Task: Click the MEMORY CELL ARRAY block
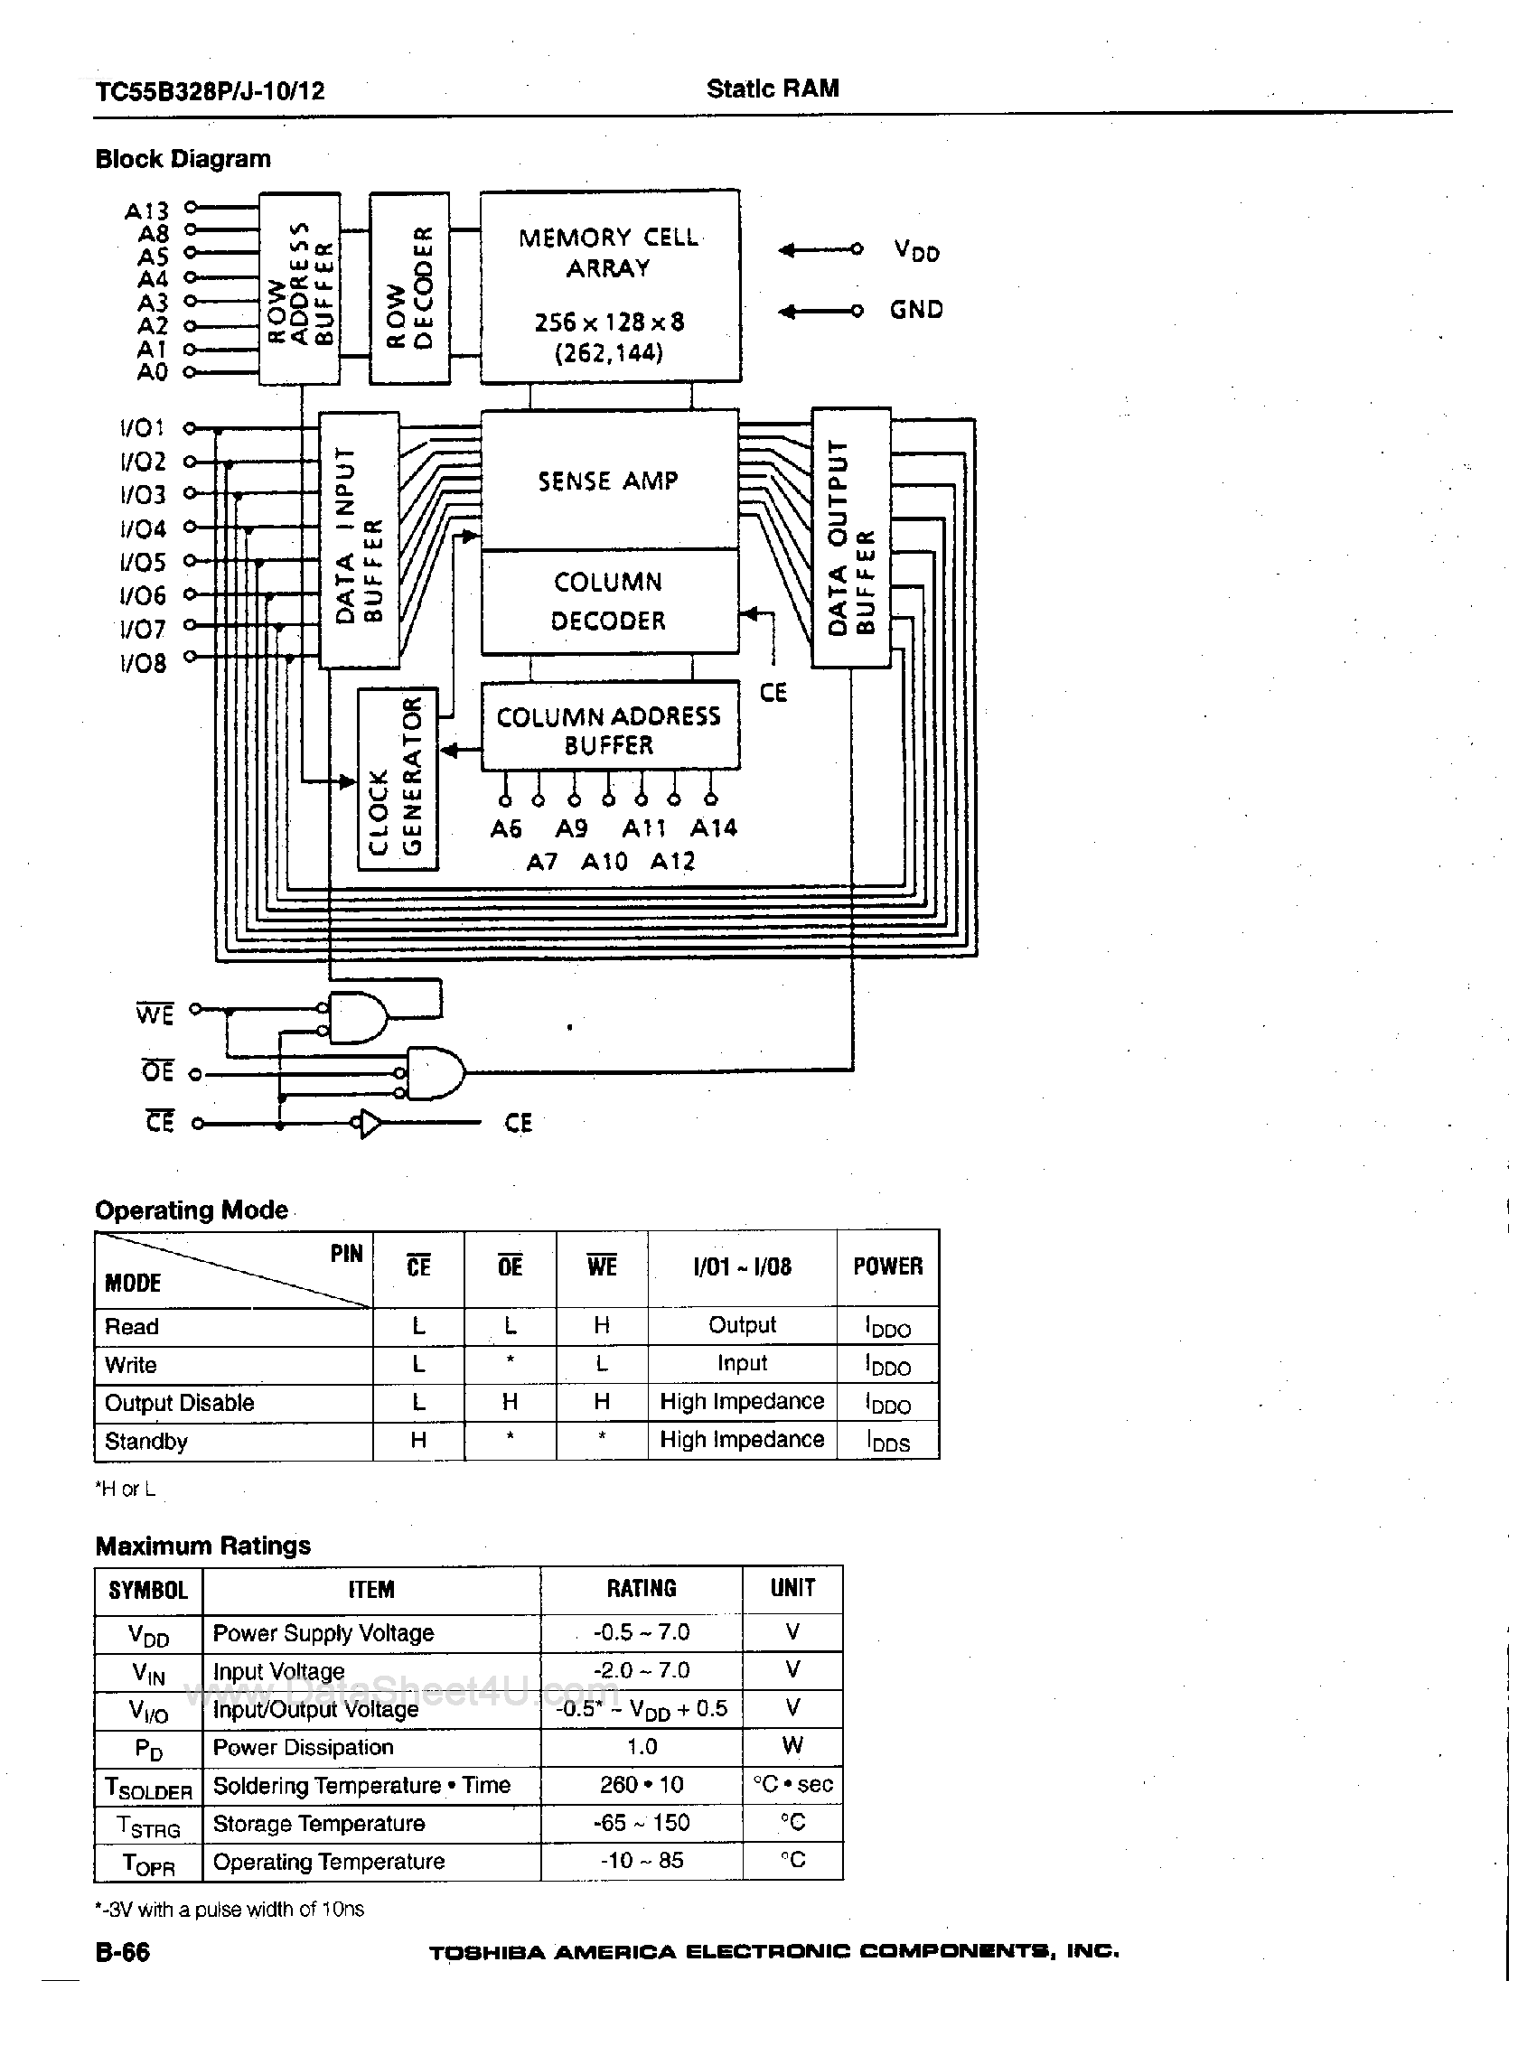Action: pyautogui.click(x=609, y=286)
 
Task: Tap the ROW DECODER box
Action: pyautogui.click(x=409, y=287)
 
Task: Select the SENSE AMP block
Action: pyautogui.click(x=609, y=481)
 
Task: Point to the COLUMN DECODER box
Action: pyautogui.click(x=609, y=602)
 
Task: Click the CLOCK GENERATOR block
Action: pyautogui.click(x=397, y=779)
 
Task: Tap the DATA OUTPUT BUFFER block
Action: pyautogui.click(x=851, y=538)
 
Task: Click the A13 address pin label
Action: pyautogui.click(x=146, y=211)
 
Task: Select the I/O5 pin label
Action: pyautogui.click(x=143, y=562)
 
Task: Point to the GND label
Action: pyautogui.click(x=916, y=310)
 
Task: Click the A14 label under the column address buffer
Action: pyautogui.click(x=714, y=828)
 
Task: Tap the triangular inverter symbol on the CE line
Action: pyautogui.click(x=370, y=1124)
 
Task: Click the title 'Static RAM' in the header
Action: pyautogui.click(x=772, y=89)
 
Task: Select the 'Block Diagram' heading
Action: pyautogui.click(x=183, y=159)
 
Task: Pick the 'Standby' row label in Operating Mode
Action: pyautogui.click(x=146, y=1441)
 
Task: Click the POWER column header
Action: pyautogui.click(x=886, y=1267)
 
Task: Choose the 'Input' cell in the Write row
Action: pyautogui.click(x=742, y=1363)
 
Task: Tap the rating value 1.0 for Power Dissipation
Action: pyautogui.click(x=642, y=1746)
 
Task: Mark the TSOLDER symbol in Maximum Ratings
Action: pyautogui.click(x=148, y=1787)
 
